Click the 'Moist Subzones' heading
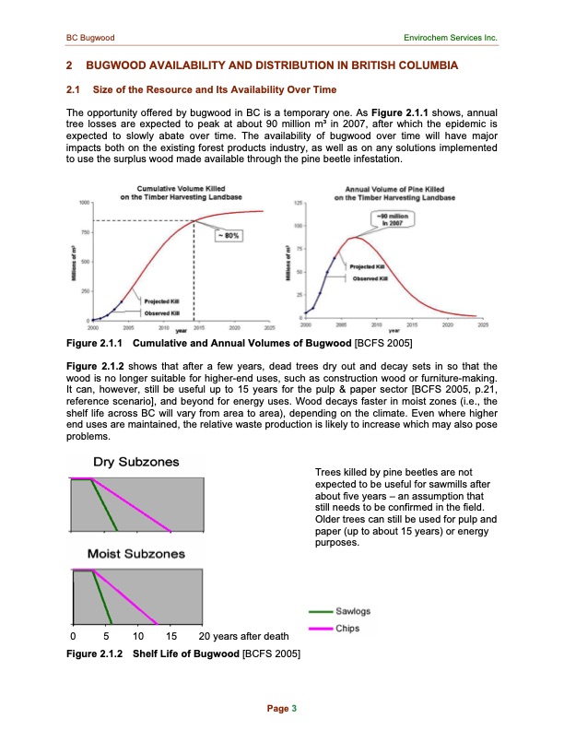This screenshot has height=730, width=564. click(135, 555)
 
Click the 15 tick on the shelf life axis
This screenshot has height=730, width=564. click(170, 636)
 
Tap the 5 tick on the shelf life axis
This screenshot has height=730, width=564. click(107, 636)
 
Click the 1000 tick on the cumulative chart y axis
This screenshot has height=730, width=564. click(84, 202)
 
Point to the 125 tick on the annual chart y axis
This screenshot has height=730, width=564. click(299, 202)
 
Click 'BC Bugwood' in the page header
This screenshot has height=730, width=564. click(89, 38)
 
